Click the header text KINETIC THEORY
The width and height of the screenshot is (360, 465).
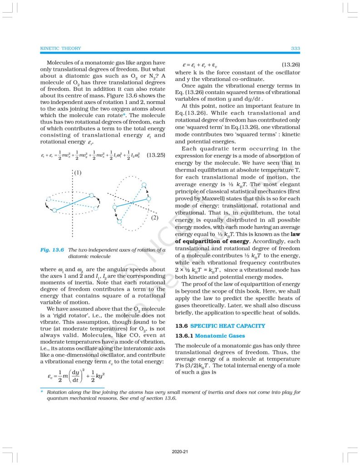pos(61,48)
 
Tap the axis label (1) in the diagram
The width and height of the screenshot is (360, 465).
pos(78,172)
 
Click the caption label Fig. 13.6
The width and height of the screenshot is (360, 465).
pos(53,250)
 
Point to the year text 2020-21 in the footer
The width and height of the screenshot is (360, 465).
pos(180,452)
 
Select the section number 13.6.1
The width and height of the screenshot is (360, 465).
pos(184,336)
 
